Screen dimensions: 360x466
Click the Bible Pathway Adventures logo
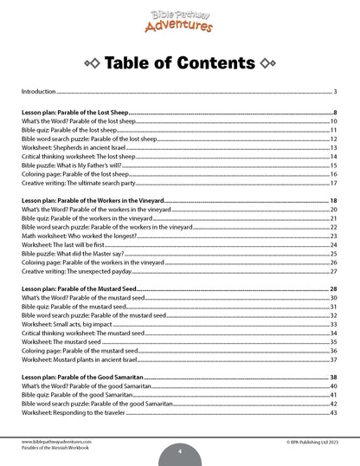pos(179,19)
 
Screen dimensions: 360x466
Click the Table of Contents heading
pos(180,63)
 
